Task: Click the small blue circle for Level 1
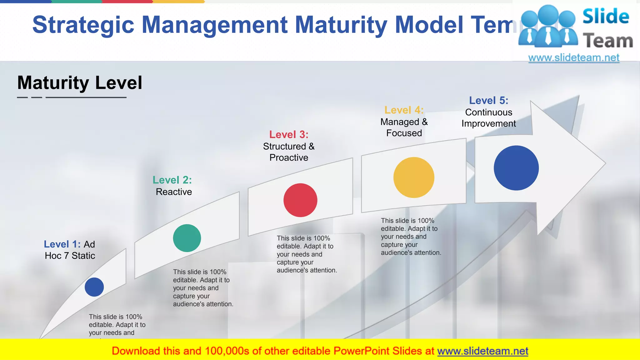pyautogui.click(x=94, y=287)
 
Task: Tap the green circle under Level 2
pyautogui.click(x=187, y=238)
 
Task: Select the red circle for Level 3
pyautogui.click(x=300, y=200)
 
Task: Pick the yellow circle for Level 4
pyautogui.click(x=414, y=177)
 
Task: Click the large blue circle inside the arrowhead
pyautogui.click(x=516, y=168)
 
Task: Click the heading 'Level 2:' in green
pyautogui.click(x=172, y=180)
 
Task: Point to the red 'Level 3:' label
pyautogui.click(x=289, y=135)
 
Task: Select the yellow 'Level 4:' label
pyautogui.click(x=404, y=110)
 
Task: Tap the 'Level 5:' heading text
pyautogui.click(x=488, y=101)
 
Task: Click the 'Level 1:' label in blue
pyautogui.click(x=62, y=244)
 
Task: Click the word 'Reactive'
pyautogui.click(x=174, y=192)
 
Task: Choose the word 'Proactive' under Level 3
pyautogui.click(x=289, y=157)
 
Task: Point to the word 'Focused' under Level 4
pyautogui.click(x=404, y=133)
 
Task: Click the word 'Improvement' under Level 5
pyautogui.click(x=488, y=124)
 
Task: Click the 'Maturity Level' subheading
pyautogui.click(x=80, y=83)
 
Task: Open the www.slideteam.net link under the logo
pyautogui.click(x=574, y=58)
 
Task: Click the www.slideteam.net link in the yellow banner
pyautogui.click(x=482, y=351)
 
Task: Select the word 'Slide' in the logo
pyautogui.click(x=606, y=16)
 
